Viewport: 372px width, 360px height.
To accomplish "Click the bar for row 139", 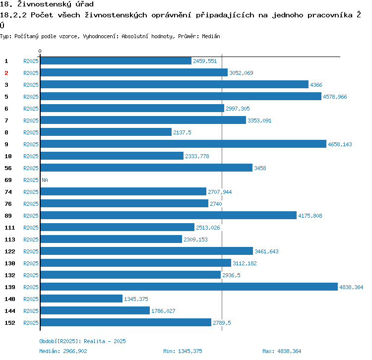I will (188, 287).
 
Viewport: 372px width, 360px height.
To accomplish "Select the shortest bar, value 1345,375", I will (81, 299).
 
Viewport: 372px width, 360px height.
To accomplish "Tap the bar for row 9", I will (183, 144).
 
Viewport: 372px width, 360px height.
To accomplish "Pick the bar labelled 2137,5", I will (106, 132).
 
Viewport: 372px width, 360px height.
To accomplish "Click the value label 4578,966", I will (335, 97).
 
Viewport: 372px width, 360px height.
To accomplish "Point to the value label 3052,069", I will (241, 73).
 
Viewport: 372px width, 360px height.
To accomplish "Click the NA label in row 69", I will (45, 180).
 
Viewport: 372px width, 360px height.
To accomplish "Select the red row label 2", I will (6, 73).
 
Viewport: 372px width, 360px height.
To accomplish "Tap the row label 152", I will (10, 323).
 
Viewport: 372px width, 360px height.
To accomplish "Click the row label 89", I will (8, 216).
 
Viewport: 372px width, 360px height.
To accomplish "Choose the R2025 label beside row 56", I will (31, 168).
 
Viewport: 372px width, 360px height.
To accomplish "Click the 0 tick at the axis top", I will (40, 51).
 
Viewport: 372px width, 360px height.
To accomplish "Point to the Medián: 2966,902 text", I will (63, 351).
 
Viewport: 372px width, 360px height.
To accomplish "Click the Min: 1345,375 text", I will (183, 351).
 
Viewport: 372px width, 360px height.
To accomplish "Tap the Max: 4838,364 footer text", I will (282, 351).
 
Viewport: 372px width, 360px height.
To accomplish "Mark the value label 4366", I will (316, 85).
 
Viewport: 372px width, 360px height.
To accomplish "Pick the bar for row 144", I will (95, 310).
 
